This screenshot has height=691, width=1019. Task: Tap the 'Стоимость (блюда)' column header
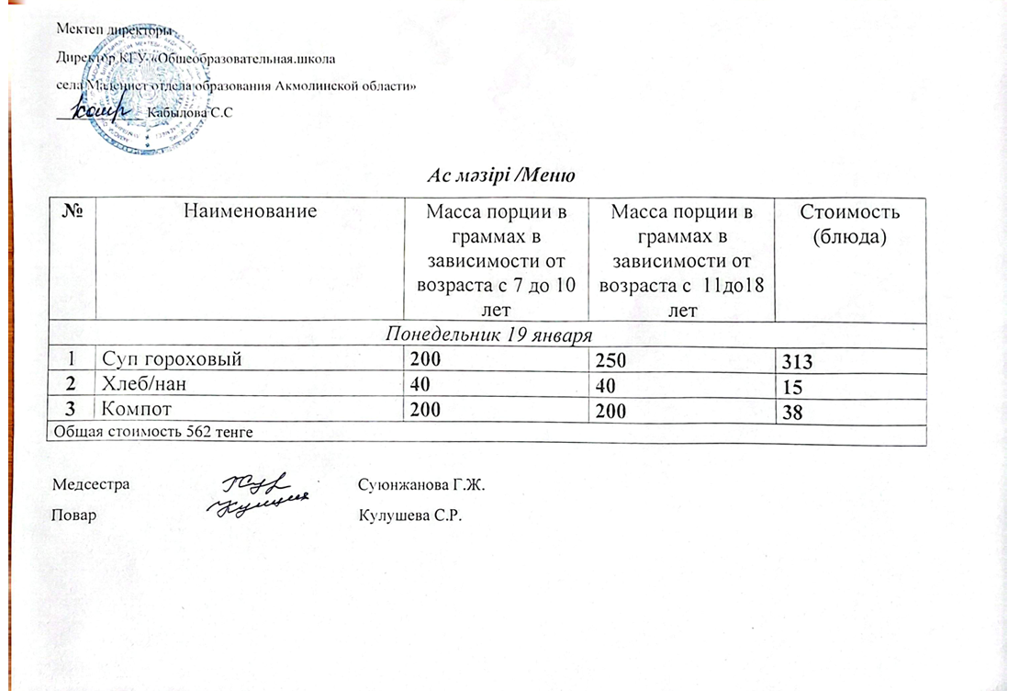[x=849, y=223]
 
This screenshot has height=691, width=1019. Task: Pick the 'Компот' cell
[x=136, y=411]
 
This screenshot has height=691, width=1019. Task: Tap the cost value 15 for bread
[x=789, y=390]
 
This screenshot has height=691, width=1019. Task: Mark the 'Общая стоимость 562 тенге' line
[x=151, y=431]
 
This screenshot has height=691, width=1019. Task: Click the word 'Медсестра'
[x=91, y=483]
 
